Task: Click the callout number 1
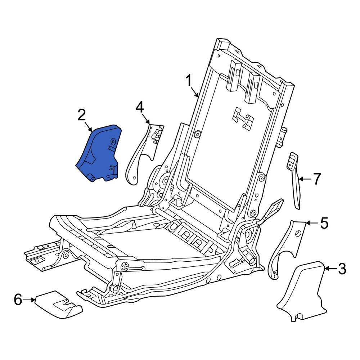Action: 189,81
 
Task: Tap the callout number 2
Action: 82,115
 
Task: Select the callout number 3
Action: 342,269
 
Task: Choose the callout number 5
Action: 324,223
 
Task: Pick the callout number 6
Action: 18,300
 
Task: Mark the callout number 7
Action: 317,179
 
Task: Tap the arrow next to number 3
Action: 330,268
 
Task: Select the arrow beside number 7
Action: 305,179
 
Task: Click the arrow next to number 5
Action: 312,222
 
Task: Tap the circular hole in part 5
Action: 298,234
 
